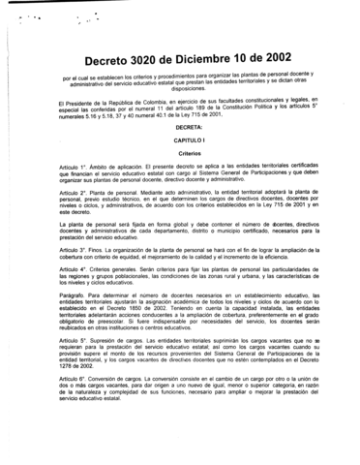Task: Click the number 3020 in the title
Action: click(x=153, y=58)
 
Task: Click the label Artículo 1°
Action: click(x=74, y=167)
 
